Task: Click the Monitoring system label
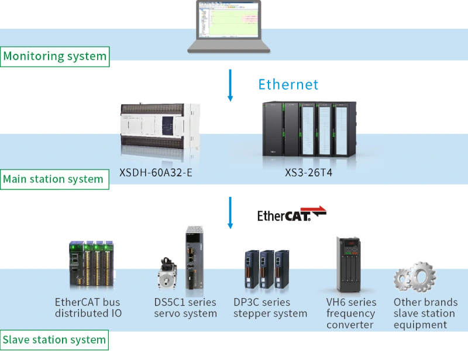coord(55,57)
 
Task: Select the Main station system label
coord(53,179)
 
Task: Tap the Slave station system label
coord(54,340)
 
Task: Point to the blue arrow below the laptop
coord(230,84)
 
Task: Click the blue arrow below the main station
coord(230,213)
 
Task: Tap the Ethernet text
coord(288,85)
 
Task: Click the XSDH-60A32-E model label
coord(156,173)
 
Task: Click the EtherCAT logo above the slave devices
coord(291,215)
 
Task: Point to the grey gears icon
coord(415,277)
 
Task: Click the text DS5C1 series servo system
coord(185,308)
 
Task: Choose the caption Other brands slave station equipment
coord(425,313)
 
